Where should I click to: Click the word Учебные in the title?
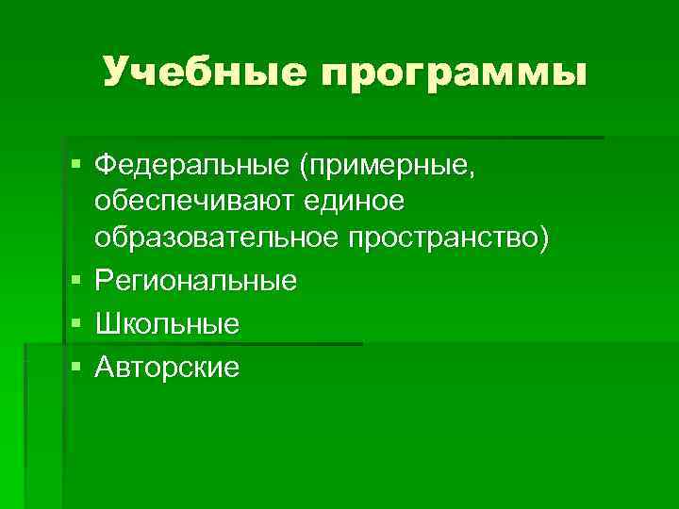pos(204,72)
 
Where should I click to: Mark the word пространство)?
pos(447,240)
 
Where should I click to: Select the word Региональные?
pos(196,281)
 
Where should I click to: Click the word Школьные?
pos(167,324)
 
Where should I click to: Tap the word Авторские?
pos(167,367)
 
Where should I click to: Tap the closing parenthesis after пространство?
pos(540,240)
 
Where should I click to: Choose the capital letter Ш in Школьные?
pos(107,324)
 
